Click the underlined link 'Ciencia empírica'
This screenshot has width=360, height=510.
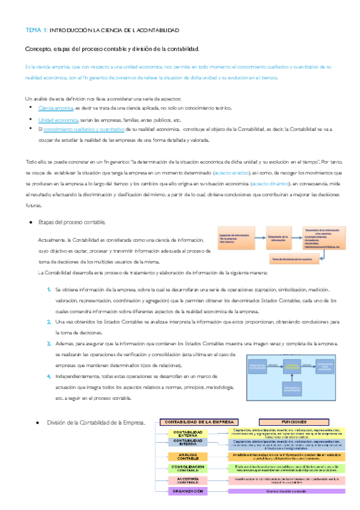pyautogui.click(x=55, y=108)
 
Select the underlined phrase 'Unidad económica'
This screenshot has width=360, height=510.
pyautogui.click(x=56, y=119)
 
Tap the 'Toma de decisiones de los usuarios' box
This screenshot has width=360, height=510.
pyautogui.click(x=294, y=259)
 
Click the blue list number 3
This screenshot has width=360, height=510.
pyautogui.click(x=49, y=343)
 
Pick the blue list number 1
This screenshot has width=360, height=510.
pyautogui.click(x=49, y=290)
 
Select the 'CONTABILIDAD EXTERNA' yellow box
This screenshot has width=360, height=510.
pyautogui.click(x=188, y=434)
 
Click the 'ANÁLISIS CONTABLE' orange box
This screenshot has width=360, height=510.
pyautogui.click(x=188, y=456)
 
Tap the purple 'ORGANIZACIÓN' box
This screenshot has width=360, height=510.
pyautogui.click(x=188, y=491)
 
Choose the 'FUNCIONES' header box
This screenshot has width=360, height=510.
pyautogui.click(x=291, y=422)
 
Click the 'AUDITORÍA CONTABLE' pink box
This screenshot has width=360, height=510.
pyautogui.click(x=188, y=479)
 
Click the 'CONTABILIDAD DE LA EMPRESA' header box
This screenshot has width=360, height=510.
pyautogui.click(x=198, y=422)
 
